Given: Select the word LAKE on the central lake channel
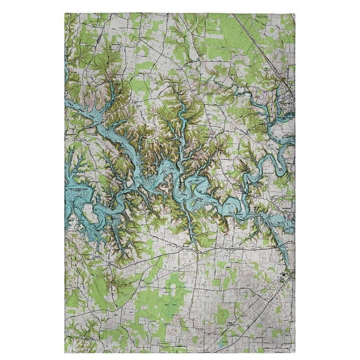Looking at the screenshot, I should (x=216, y=204).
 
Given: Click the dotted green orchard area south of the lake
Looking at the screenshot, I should (x=169, y=306).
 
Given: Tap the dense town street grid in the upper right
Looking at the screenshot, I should (x=284, y=100).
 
